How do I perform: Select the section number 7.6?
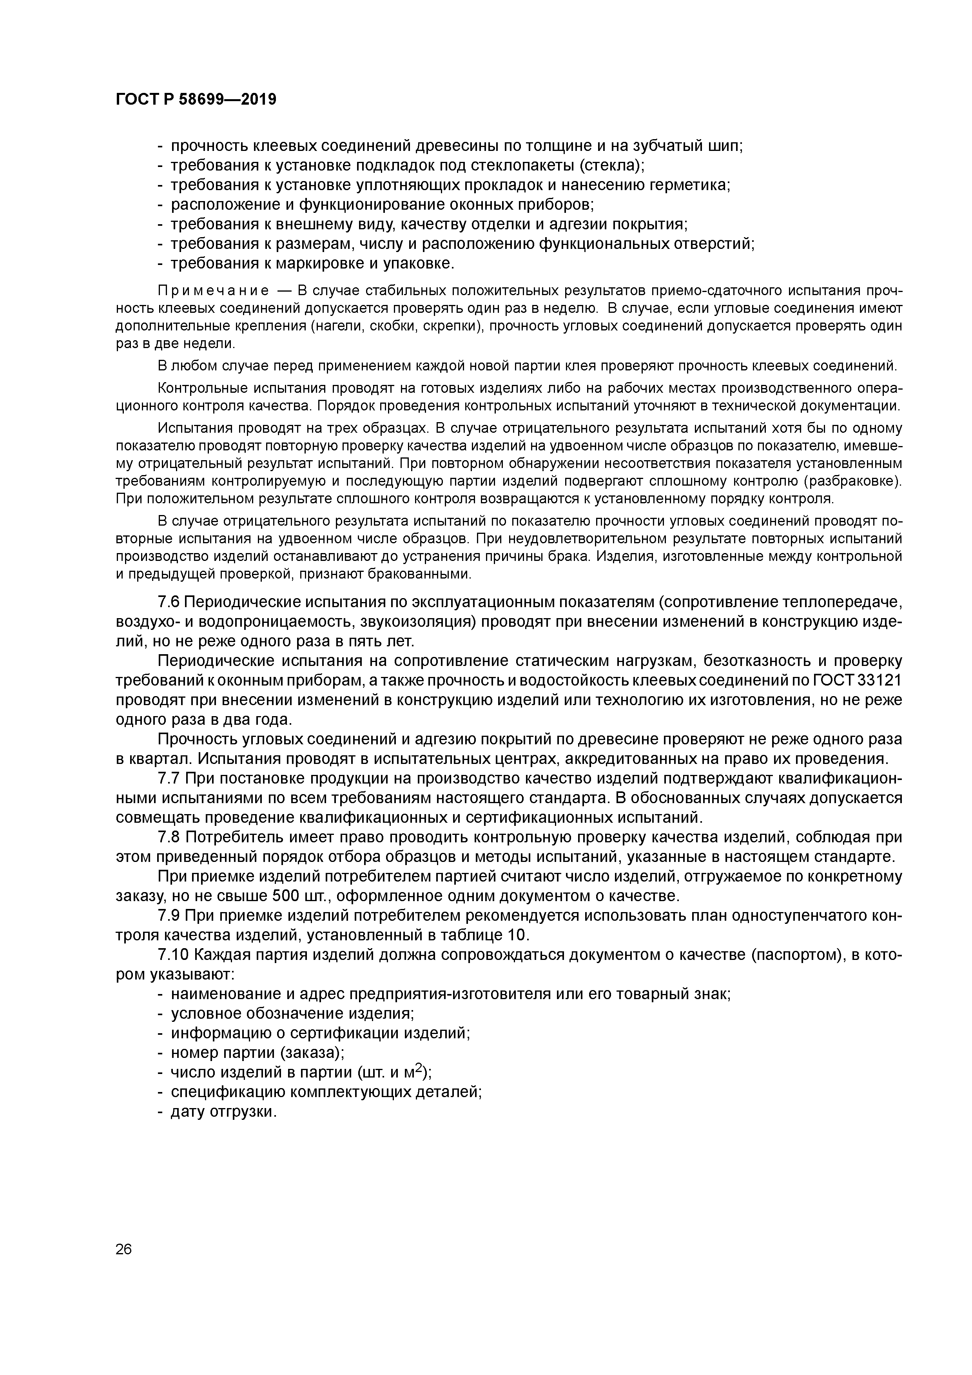[x=169, y=602]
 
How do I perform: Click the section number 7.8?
[x=169, y=837]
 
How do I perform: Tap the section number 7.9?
[x=169, y=916]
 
